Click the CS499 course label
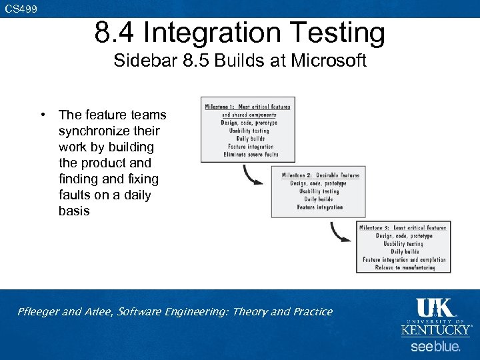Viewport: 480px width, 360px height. click(x=21, y=9)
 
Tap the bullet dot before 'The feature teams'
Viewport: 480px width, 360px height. click(x=42, y=115)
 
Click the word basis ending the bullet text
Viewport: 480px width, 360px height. click(x=73, y=211)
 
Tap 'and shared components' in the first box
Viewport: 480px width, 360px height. click(x=249, y=115)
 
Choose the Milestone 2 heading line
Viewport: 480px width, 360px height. click(x=320, y=175)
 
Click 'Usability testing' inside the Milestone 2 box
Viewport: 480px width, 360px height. click(x=319, y=191)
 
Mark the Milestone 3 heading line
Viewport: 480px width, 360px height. click(x=403, y=228)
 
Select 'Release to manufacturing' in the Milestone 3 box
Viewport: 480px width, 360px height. click(x=405, y=268)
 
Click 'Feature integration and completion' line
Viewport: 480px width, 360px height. click(x=404, y=260)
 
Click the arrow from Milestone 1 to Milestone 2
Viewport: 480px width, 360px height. click(x=254, y=175)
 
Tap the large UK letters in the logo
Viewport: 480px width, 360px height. click(x=434, y=307)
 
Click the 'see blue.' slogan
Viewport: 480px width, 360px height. click(x=435, y=347)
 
